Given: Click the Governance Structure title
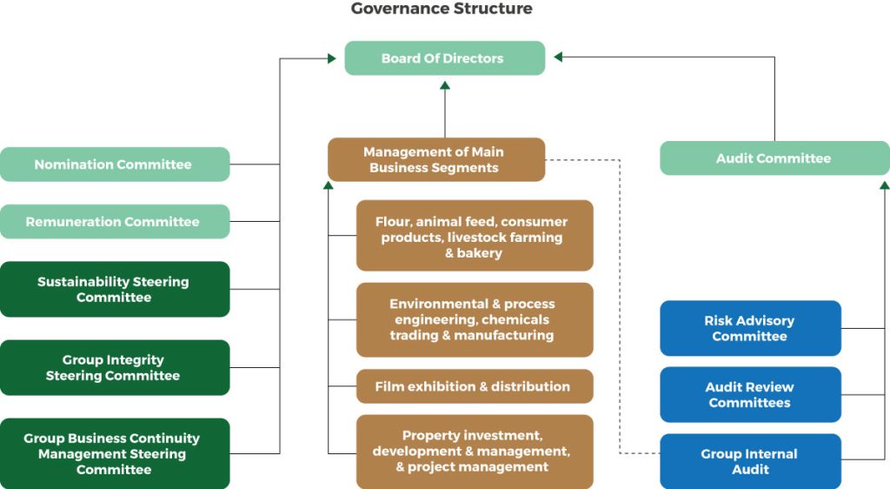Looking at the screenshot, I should (442, 9).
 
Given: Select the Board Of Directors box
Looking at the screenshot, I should (445, 58).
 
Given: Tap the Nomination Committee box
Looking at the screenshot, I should (114, 164).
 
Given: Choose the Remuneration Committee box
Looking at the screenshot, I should (114, 222).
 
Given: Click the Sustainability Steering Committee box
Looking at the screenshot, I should (114, 290).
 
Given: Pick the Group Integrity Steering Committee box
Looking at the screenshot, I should (114, 368).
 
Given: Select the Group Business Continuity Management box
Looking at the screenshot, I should (114, 454).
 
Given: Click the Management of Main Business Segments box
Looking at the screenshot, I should (435, 159).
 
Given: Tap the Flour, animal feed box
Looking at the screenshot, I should (475, 237).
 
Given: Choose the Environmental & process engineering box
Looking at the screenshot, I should (475, 319).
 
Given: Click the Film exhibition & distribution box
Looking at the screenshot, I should (475, 386).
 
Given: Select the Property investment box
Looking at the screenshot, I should (475, 452).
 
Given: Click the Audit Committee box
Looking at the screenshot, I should (774, 158).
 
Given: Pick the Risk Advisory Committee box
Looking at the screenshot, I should (750, 328).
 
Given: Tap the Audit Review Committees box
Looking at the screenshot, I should (750, 395).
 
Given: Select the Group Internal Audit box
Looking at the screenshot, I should (750, 461).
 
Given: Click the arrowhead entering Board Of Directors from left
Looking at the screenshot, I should (331, 58).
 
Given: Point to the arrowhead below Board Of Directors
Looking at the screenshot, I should (445, 85).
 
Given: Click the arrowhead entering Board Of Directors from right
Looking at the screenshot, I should (559, 57).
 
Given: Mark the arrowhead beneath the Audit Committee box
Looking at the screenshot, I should (884, 184).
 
